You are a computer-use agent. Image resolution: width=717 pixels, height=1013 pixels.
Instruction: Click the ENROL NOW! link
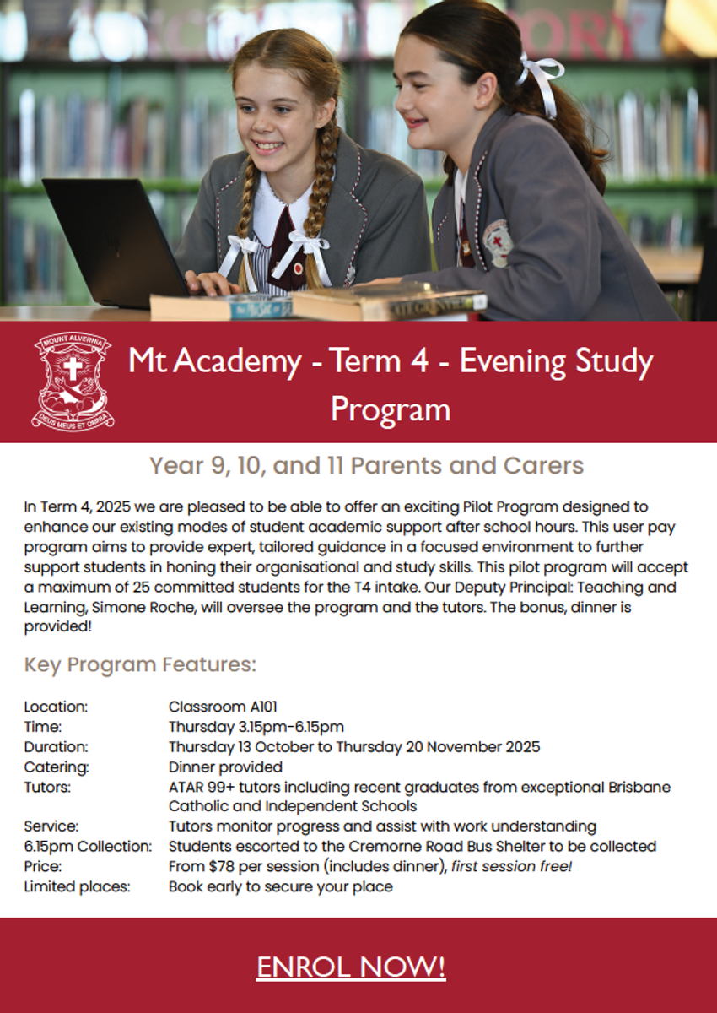351,967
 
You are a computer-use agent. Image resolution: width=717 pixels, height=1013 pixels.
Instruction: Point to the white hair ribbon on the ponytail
539,80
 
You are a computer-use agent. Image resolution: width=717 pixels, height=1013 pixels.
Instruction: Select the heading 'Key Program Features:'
140,665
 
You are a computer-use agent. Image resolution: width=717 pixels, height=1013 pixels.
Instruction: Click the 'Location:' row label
56,707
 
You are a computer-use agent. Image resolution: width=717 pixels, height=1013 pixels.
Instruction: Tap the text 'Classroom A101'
223,707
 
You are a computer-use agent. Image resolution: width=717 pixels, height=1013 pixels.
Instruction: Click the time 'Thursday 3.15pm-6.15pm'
256,727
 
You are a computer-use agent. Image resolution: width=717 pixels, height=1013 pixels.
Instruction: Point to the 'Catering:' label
57,767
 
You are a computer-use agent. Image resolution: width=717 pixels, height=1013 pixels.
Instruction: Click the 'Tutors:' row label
47,788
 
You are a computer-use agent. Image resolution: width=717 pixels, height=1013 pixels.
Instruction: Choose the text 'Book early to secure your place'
280,886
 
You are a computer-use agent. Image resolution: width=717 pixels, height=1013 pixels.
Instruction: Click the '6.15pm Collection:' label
89,846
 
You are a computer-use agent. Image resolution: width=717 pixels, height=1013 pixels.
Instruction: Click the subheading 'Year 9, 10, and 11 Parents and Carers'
366,465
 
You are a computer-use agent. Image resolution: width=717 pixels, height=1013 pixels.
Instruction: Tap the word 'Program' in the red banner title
390,409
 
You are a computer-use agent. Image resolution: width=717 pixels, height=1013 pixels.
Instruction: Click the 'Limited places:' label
72,886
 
